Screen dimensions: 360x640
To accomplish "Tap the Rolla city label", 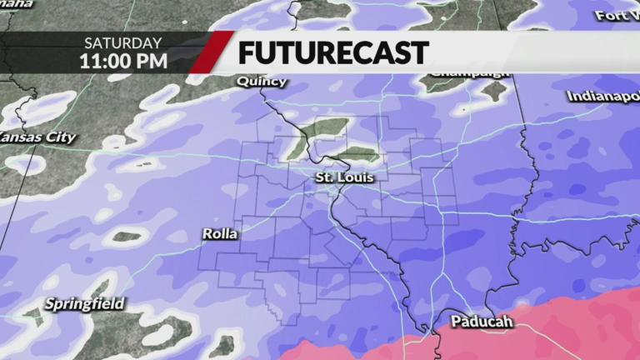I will (220, 234).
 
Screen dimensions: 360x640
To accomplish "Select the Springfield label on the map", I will (84, 304).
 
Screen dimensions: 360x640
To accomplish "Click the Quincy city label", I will (262, 82).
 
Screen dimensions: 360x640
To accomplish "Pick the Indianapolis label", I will (602, 97).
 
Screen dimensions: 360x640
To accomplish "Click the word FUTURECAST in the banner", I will (332, 52).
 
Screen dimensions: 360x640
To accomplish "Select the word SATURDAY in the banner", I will (122, 42).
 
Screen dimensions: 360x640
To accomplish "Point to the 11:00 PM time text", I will (123, 61).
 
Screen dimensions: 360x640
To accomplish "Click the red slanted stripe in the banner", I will (211, 52).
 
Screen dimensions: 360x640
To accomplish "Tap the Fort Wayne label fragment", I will (616, 15).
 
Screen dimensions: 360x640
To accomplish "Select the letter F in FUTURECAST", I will (247, 52).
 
